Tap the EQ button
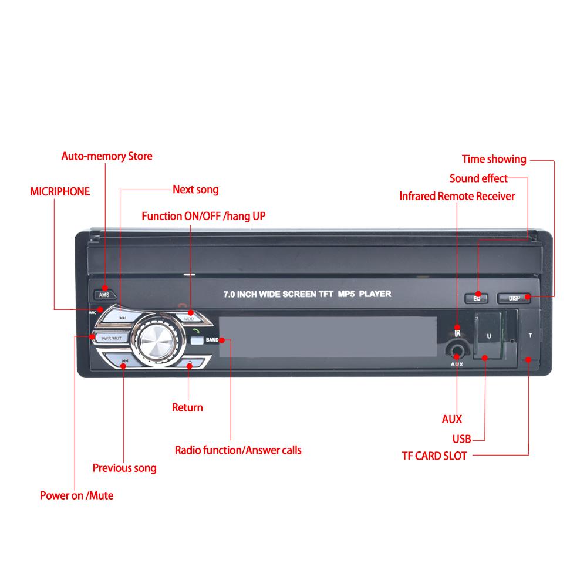point(477,298)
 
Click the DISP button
point(514,298)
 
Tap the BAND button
point(211,340)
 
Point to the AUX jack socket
point(457,352)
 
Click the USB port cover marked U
point(488,337)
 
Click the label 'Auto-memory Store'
point(107,156)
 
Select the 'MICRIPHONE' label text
point(60,191)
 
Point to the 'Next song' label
point(195,190)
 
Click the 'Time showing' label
point(494,159)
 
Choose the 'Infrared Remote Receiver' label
point(457,196)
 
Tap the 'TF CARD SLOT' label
point(434,456)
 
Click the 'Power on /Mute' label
point(76,495)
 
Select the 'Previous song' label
point(124,468)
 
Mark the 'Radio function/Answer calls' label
point(238,450)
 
